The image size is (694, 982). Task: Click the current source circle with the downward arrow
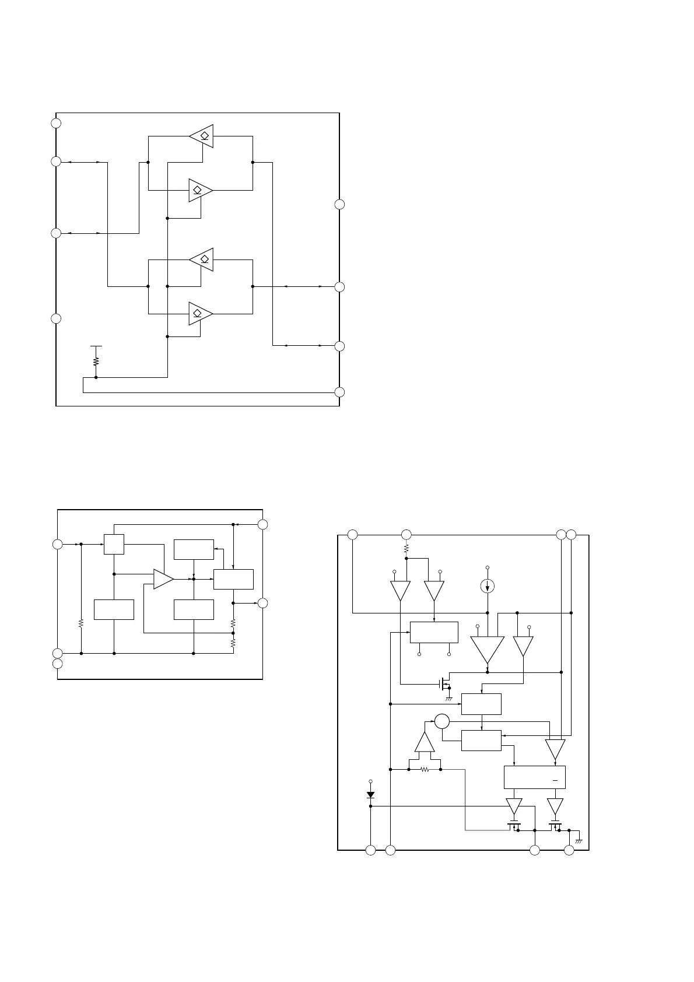(x=488, y=586)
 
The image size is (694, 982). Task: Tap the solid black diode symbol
(x=370, y=795)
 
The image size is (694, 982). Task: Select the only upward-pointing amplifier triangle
(x=425, y=742)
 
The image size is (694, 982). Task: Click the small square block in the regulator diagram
(x=114, y=544)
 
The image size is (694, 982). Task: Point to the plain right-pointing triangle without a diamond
(x=163, y=579)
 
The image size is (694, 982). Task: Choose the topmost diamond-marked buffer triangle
(x=202, y=136)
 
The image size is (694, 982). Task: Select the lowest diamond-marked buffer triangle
(x=201, y=314)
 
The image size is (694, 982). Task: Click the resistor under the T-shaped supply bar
(x=96, y=362)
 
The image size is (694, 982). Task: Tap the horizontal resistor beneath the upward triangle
(x=425, y=770)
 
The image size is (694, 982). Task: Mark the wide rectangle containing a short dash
(x=534, y=777)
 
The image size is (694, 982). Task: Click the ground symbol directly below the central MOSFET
(x=449, y=698)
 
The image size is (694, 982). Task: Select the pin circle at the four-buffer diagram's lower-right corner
(x=339, y=392)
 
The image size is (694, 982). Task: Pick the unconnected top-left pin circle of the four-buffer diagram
(x=56, y=123)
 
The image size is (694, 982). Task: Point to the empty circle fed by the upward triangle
(x=441, y=721)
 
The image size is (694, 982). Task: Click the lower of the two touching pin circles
(x=57, y=664)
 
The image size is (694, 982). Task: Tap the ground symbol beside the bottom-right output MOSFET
(x=579, y=840)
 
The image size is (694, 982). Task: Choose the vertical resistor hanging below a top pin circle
(x=406, y=548)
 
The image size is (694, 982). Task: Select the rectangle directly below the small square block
(x=114, y=609)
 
